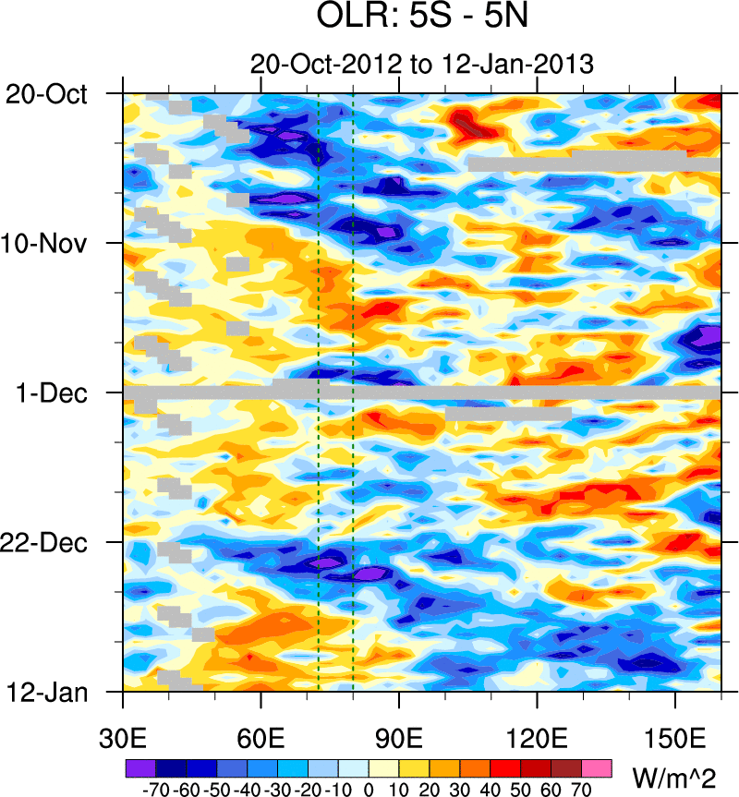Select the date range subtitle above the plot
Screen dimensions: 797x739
(x=421, y=65)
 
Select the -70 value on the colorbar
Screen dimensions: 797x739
(x=155, y=790)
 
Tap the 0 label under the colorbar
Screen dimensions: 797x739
(x=369, y=790)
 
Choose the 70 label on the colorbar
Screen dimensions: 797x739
(x=582, y=790)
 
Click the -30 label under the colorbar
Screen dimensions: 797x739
(x=277, y=790)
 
